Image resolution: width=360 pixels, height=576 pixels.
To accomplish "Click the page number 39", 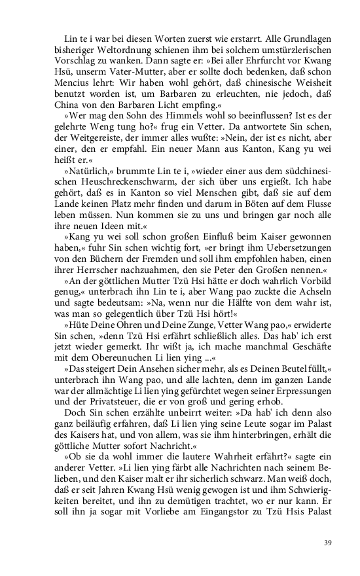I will coord(328,542).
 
